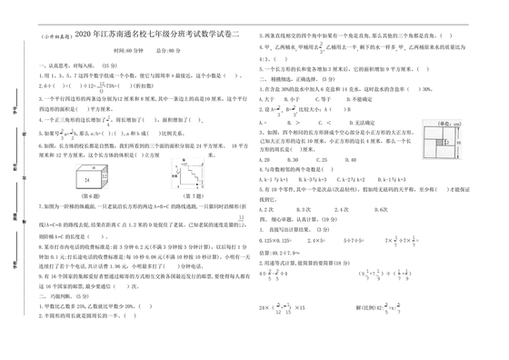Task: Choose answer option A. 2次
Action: [x=265, y=208]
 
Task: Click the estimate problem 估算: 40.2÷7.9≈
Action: [x=282, y=252]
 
